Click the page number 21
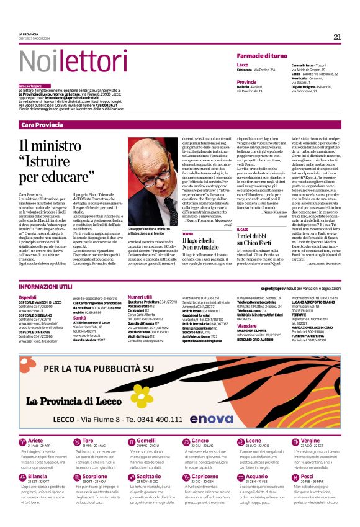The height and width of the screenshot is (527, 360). click(x=337, y=37)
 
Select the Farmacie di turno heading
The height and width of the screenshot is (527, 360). click(x=262, y=56)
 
